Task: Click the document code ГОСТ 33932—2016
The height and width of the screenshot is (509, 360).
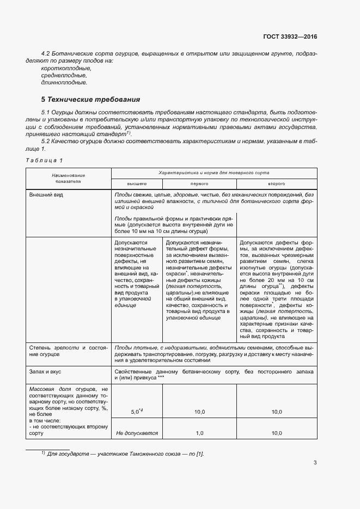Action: tap(289, 36)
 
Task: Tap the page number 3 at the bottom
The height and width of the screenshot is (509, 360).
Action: tap(315, 463)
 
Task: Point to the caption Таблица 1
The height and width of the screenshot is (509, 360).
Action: tap(44, 160)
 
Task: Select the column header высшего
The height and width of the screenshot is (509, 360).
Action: tap(137, 184)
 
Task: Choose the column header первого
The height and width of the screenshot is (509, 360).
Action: tap(199, 184)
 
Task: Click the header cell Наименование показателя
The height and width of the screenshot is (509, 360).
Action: tap(69, 179)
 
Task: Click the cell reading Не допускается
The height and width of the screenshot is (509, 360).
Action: tap(137, 433)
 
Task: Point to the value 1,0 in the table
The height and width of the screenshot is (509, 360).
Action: tap(199, 433)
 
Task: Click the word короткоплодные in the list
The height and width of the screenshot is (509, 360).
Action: tap(66, 69)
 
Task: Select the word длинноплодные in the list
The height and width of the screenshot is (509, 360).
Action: tap(64, 83)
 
